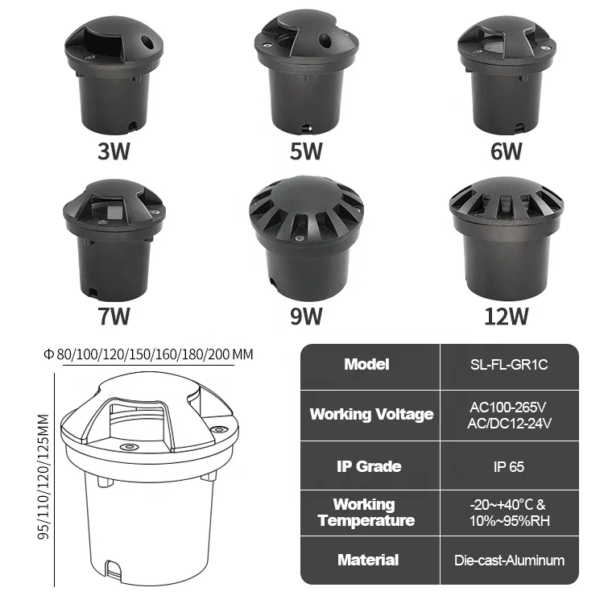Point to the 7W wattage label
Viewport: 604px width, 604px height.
[x=114, y=315]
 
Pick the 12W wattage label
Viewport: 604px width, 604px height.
[x=502, y=315]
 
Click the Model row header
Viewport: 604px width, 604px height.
[x=366, y=364]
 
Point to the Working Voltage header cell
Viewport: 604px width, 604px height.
[x=371, y=414]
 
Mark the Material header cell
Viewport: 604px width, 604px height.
[x=367, y=560]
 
